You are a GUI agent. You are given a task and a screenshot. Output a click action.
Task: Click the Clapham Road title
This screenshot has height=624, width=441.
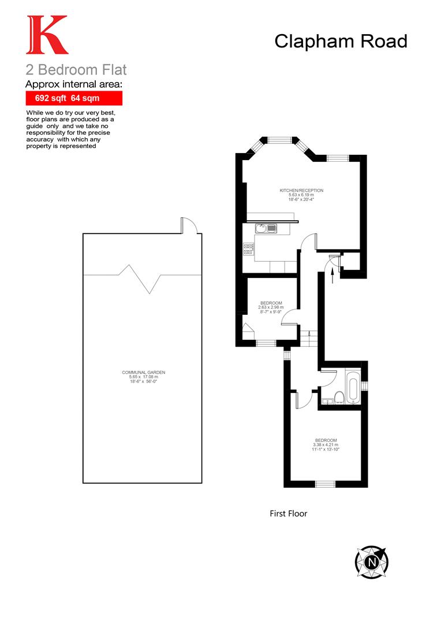coord(341,41)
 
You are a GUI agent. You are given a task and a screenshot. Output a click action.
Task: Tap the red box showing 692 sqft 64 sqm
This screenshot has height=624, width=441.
coord(73,98)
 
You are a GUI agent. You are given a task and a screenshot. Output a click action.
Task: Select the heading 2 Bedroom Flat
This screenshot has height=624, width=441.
coord(76,70)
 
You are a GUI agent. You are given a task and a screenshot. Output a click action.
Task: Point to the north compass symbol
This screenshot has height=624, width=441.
coord(371,560)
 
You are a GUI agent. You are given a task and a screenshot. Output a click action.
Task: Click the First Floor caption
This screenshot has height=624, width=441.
coord(289,513)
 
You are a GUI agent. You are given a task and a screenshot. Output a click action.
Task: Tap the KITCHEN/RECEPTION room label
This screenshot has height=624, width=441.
coord(301,191)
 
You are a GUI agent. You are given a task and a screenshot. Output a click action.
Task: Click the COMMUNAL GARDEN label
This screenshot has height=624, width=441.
coord(143,373)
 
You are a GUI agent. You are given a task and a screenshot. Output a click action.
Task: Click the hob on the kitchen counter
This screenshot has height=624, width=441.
coord(249,249)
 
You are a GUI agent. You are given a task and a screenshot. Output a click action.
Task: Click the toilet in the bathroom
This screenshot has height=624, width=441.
coord(339,396)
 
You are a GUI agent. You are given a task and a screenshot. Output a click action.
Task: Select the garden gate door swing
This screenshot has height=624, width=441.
coord(189,225)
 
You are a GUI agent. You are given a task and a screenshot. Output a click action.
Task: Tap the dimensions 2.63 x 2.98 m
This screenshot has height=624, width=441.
coord(271,307)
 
